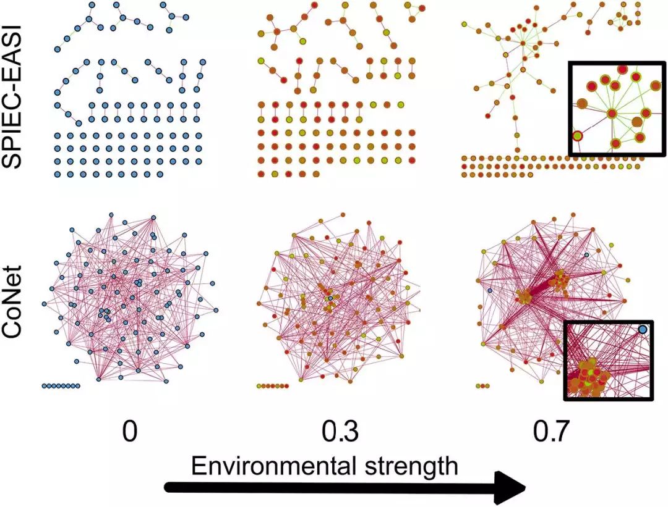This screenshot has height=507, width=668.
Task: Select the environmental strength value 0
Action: point(129,432)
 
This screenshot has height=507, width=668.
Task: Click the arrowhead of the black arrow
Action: point(510,488)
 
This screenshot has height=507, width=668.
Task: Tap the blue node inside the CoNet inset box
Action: point(643,330)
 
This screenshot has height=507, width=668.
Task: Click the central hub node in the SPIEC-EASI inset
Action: point(612,114)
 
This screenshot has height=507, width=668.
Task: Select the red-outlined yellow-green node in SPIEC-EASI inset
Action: point(577,136)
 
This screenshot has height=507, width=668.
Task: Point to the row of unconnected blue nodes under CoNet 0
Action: point(61,386)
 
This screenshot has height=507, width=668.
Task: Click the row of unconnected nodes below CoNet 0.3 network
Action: point(273,386)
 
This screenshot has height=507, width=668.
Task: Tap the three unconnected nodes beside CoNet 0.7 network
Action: point(484,386)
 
